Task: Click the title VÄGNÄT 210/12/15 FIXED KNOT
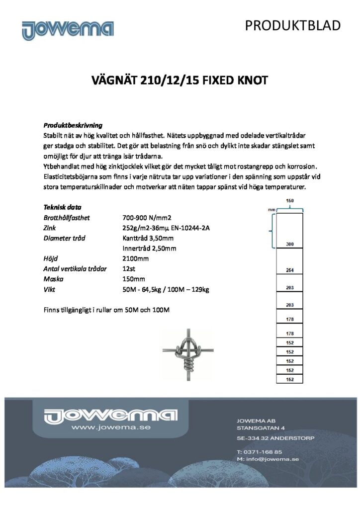(x=180, y=80)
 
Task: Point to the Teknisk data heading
(x=63, y=207)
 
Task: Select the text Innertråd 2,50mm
(x=149, y=249)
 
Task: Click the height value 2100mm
(x=135, y=258)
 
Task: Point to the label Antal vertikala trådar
(x=76, y=269)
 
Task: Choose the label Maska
(x=52, y=279)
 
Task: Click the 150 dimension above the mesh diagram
(x=289, y=200)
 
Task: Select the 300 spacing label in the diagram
(x=289, y=245)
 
